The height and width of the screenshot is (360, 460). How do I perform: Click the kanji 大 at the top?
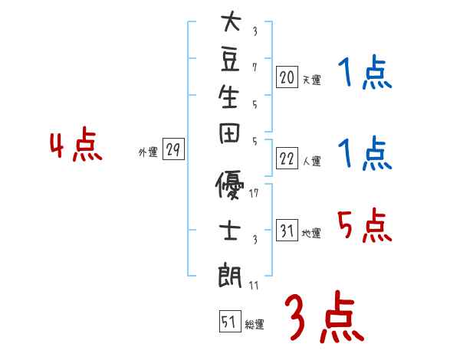(230, 22)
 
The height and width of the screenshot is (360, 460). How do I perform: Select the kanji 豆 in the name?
(230, 60)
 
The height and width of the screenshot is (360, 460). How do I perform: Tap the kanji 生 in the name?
(230, 98)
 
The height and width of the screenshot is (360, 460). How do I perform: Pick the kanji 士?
(230, 229)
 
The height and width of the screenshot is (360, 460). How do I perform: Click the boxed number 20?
(287, 77)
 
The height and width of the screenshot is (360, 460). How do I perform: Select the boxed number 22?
(287, 159)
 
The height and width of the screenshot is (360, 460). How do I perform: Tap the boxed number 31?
(287, 231)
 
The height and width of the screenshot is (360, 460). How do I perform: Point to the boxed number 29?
(173, 150)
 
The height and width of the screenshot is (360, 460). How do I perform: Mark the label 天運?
(311, 80)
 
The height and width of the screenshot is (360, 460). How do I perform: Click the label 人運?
(311, 161)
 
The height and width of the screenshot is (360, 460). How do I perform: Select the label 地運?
(311, 233)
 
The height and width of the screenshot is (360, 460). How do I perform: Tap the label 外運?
(148, 152)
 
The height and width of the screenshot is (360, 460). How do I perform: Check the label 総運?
(255, 324)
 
